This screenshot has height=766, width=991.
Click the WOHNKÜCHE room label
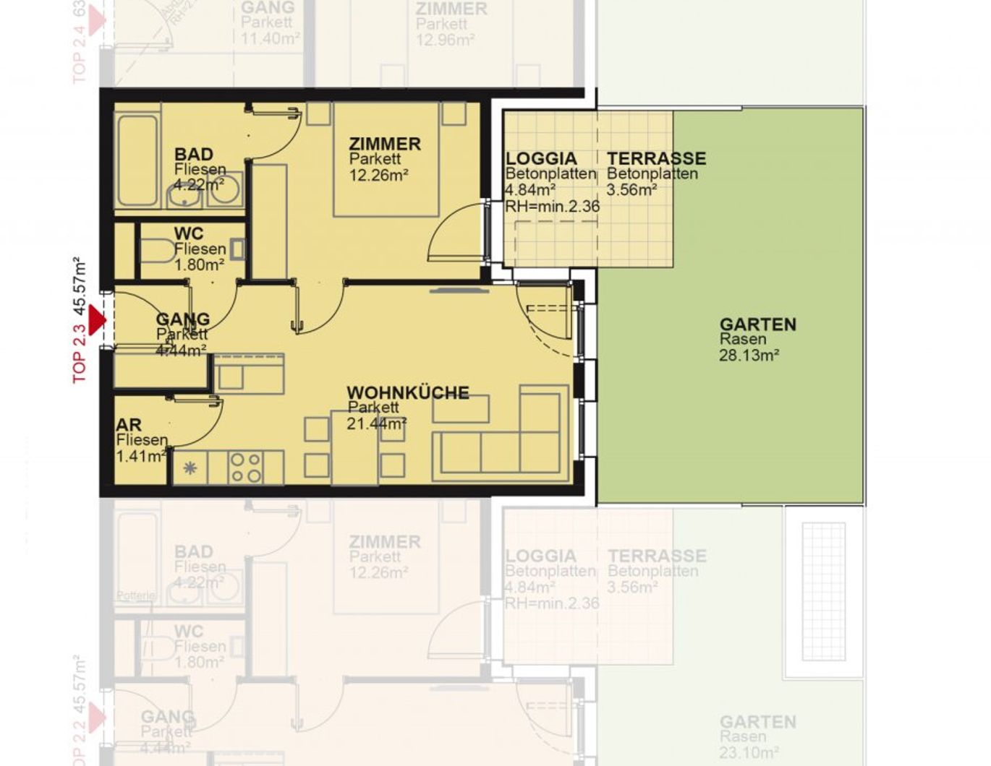[407, 392]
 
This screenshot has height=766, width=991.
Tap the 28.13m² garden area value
[749, 355]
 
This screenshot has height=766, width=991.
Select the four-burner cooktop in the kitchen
[245, 467]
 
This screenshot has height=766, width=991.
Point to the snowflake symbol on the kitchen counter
[190, 468]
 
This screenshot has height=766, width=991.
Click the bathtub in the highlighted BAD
[137, 160]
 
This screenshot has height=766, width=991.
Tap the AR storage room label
[129, 424]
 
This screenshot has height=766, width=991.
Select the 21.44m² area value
[375, 423]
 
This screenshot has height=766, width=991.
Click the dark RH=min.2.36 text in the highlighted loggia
[552, 206]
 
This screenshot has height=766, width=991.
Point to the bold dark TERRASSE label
[656, 158]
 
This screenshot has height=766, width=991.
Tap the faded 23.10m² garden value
[749, 752]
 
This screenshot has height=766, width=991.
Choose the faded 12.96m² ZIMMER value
[445, 39]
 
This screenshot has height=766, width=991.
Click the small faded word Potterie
[136, 595]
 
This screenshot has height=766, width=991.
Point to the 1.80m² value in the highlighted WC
[199, 264]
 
